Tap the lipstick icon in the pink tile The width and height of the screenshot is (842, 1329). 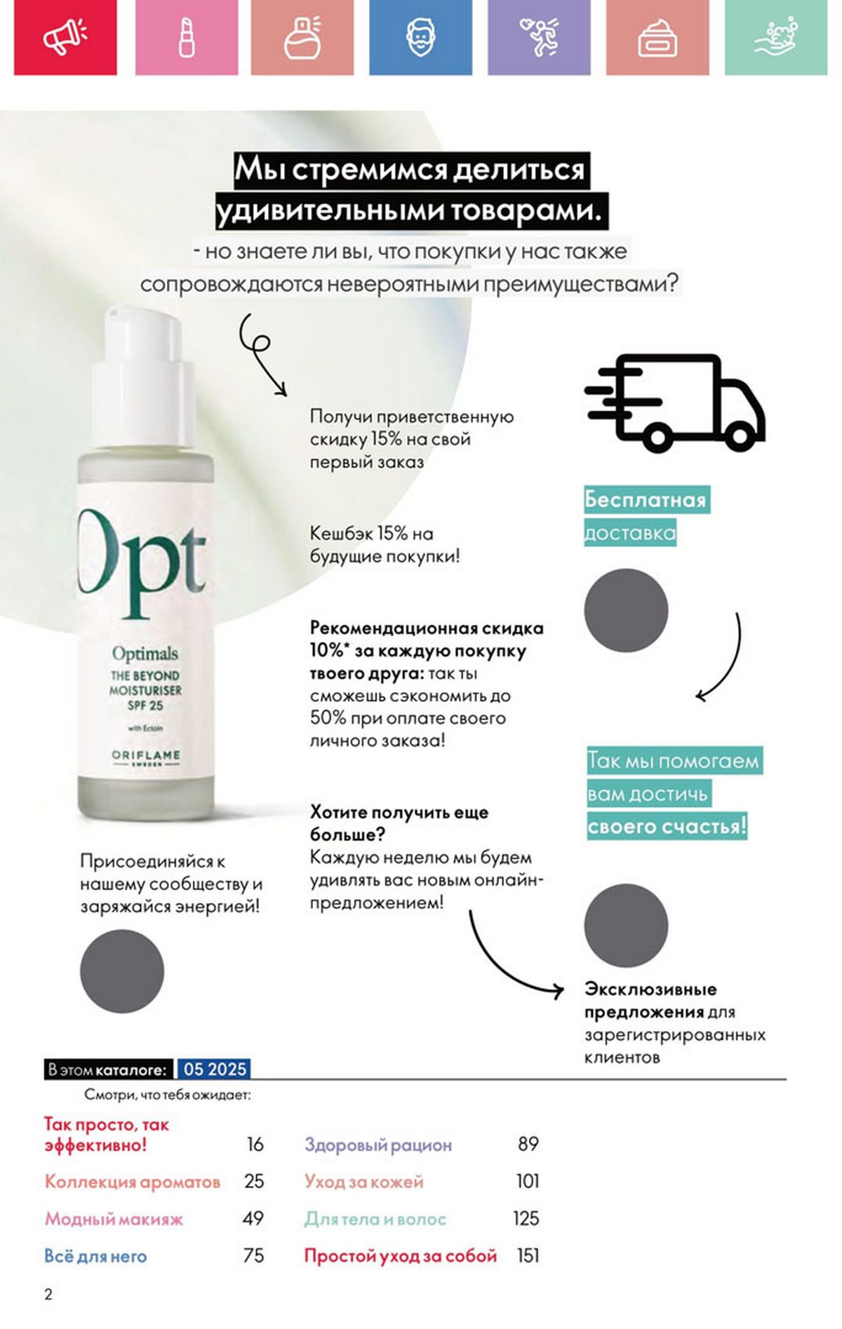click(187, 36)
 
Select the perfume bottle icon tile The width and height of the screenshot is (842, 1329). click(302, 36)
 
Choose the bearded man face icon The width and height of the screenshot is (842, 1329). click(421, 36)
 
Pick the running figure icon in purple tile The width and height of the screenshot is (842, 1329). click(539, 36)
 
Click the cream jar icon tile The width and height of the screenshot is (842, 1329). click(657, 36)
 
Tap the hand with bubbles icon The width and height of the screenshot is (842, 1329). click(776, 38)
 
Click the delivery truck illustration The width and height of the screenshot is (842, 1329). click(675, 403)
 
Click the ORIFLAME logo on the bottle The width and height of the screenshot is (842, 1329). click(146, 756)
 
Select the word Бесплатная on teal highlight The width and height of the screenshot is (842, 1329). click(646, 499)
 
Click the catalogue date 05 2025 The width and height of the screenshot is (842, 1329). click(215, 1069)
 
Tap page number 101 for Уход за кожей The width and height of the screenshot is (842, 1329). click(528, 1181)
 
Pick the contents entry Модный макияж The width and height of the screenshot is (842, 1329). click(114, 1219)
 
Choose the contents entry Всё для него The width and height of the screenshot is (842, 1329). click(95, 1255)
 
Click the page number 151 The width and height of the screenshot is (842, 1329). click(528, 1255)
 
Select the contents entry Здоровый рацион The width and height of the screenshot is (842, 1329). click(378, 1145)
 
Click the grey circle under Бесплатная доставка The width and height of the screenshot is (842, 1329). click(626, 610)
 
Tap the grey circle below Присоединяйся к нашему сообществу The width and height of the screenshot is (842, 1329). click(122, 971)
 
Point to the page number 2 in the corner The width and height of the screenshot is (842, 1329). click(48, 1295)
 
